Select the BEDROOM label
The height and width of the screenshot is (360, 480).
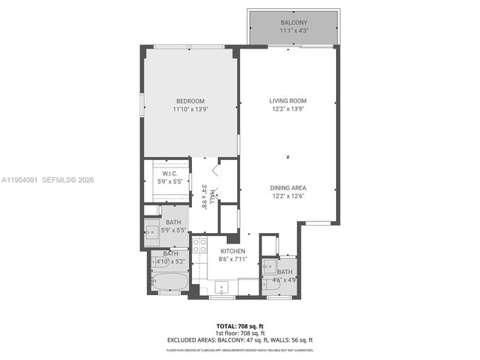[190, 101]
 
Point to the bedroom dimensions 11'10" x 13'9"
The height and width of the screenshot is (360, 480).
[190, 109]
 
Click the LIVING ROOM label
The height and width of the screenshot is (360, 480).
[287, 101]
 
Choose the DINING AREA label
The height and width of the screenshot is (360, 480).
[287, 187]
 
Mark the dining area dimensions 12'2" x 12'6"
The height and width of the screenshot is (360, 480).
[287, 195]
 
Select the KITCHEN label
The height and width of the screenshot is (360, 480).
[231, 252]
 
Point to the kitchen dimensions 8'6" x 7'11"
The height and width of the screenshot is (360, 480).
[231, 260]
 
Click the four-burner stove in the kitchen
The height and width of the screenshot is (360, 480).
[199, 245]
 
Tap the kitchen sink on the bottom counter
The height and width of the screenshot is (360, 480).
[221, 286]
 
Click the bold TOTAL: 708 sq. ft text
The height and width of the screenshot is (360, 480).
[239, 325]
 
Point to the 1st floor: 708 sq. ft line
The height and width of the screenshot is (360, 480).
[239, 333]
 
